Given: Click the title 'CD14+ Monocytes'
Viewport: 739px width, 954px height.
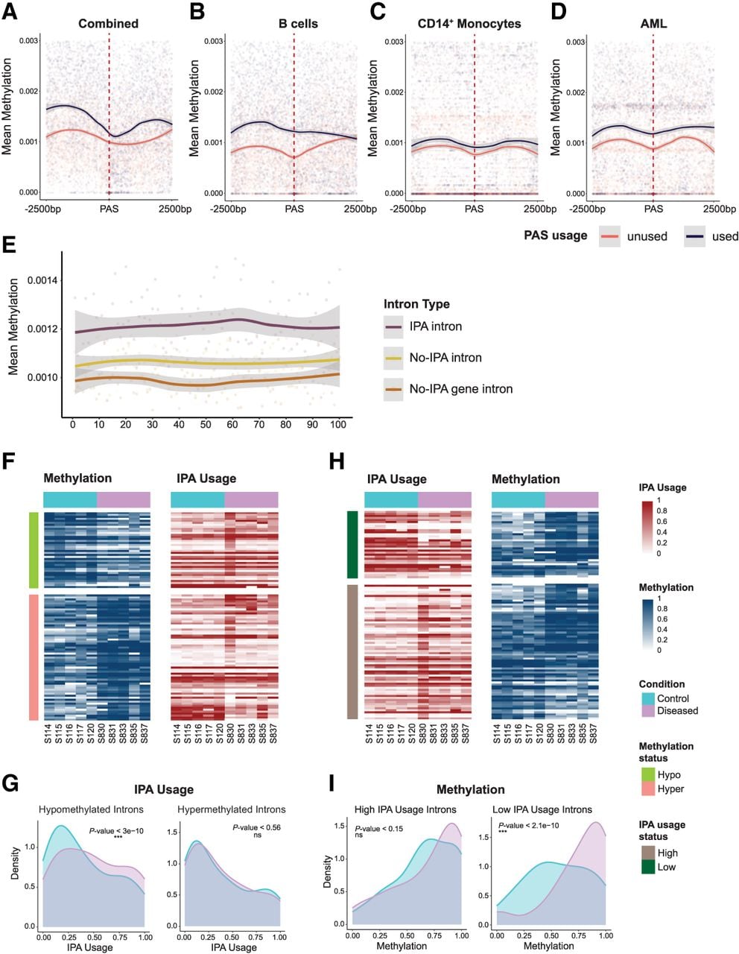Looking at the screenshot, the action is (x=469, y=23).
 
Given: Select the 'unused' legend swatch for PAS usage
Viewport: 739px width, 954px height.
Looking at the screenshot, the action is (x=609, y=236).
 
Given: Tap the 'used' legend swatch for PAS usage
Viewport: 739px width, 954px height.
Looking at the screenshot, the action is (x=694, y=236).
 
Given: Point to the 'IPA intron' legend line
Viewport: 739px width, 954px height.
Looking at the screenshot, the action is (x=393, y=326).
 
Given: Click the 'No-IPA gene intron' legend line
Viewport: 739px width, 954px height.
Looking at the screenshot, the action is (x=393, y=389).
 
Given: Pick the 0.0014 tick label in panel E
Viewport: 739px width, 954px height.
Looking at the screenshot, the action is (x=42, y=280).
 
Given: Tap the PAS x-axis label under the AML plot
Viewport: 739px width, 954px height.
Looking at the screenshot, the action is (x=653, y=209).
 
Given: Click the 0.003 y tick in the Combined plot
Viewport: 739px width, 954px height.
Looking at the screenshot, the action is (x=29, y=41).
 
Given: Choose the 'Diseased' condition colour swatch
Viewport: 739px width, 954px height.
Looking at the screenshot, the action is (x=647, y=710).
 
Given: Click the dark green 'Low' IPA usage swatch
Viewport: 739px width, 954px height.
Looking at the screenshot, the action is (x=647, y=867).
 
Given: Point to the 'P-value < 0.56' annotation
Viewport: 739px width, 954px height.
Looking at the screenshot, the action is (x=256, y=827).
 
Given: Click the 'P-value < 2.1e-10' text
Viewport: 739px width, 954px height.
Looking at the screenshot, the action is (x=529, y=825).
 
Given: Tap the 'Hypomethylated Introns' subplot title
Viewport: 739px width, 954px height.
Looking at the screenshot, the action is (x=91, y=809).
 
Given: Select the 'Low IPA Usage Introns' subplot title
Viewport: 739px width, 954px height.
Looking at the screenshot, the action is (x=542, y=809).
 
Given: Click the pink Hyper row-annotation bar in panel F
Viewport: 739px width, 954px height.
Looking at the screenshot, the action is (x=34, y=657).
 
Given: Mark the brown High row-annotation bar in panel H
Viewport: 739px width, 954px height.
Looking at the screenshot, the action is (x=352, y=651).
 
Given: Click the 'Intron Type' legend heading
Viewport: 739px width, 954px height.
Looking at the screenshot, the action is (x=416, y=304).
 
